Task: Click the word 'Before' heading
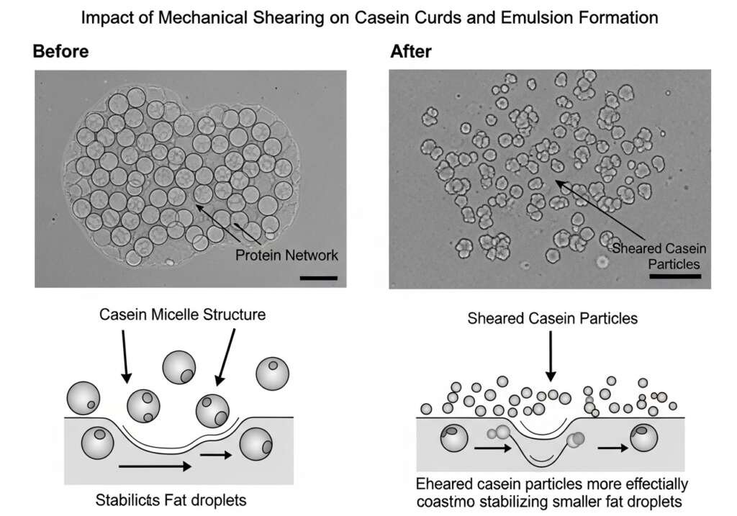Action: (x=60, y=52)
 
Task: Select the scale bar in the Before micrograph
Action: (x=317, y=277)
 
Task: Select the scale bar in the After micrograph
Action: (x=674, y=276)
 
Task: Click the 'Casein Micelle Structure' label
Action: (x=182, y=314)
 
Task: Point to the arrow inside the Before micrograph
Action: (x=219, y=224)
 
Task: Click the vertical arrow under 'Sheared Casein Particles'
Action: (x=551, y=356)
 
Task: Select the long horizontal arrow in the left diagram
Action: (x=154, y=467)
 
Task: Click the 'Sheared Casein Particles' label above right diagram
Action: (x=552, y=318)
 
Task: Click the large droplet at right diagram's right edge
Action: (x=644, y=438)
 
